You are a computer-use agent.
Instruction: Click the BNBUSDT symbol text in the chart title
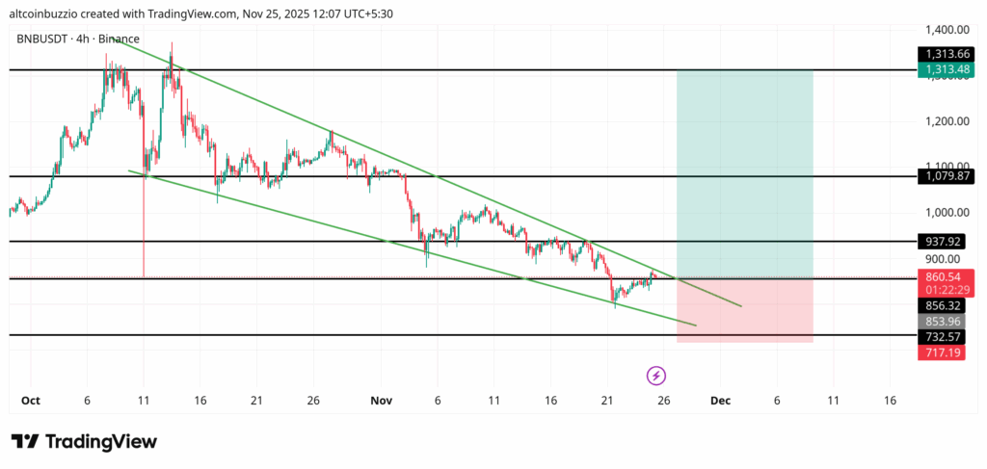tap(40, 39)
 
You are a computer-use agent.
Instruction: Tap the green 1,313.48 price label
tap(946, 69)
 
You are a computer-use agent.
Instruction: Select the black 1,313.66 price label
tap(946, 54)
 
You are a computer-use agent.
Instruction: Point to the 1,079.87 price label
tap(946, 176)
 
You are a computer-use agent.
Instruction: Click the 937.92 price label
tap(946, 241)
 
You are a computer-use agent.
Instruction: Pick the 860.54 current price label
tap(946, 276)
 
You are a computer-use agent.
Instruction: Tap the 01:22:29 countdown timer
tap(946, 290)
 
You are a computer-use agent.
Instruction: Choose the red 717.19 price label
tap(946, 353)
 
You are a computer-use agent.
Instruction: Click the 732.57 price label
tap(946, 336)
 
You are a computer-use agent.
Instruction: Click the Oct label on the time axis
tap(30, 400)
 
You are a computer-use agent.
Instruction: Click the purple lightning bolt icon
tap(655, 375)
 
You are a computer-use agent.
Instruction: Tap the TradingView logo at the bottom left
tap(83, 441)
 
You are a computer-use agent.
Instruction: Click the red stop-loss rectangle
tap(744, 310)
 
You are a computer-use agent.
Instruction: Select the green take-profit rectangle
tap(744, 173)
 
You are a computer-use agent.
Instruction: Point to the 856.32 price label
tap(946, 304)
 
